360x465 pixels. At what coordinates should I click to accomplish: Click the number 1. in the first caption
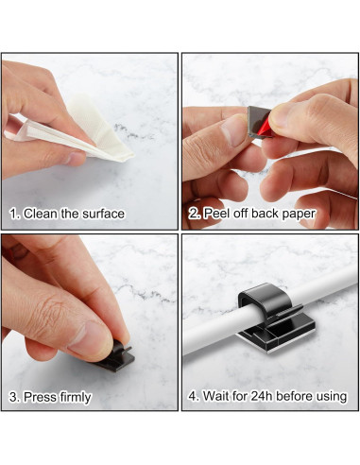[x=13, y=214]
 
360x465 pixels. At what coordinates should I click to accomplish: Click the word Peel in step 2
[x=216, y=214]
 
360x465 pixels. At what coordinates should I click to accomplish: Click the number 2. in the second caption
[x=195, y=214]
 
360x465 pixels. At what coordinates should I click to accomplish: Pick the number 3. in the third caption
[x=13, y=397]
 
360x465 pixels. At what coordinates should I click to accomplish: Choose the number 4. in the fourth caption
[x=195, y=397]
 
